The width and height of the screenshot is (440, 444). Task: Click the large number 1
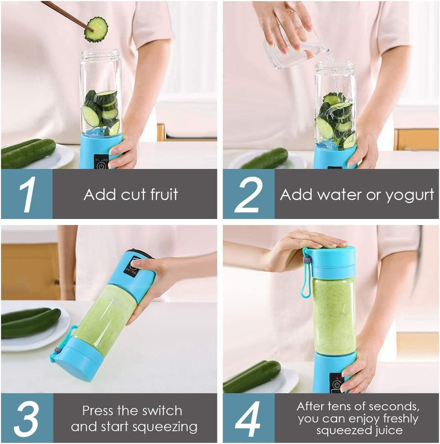[27, 194]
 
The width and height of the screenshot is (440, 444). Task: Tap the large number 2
[248, 194]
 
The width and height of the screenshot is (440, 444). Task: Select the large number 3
[27, 418]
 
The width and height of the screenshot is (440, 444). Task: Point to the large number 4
[248, 418]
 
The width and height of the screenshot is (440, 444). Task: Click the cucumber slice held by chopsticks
[96, 29]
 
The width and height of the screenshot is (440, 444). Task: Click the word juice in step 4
[386, 430]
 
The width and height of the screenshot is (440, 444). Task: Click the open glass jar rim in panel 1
[100, 55]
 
